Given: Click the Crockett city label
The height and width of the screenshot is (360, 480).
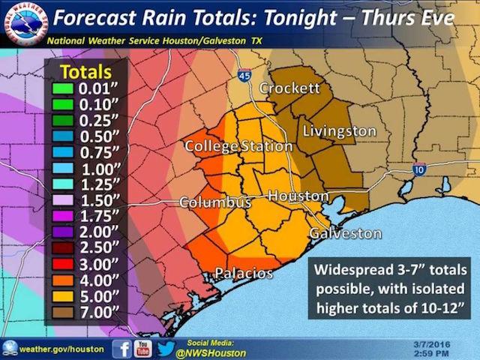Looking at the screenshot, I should tap(289, 88).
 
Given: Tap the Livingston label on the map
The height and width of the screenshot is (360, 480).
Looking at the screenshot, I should tap(339, 131).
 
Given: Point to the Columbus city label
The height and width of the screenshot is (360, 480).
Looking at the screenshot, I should tap(214, 202).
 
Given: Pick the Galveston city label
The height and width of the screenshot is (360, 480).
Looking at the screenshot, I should tap(345, 233).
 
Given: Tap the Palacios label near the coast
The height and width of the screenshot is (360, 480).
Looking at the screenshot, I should tap(244, 273).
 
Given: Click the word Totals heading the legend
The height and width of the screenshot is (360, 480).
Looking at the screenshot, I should tap(85, 72).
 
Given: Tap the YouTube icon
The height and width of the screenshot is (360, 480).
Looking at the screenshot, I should tap(142, 348).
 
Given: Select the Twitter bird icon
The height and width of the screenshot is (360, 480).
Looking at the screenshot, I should tap(166, 348).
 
